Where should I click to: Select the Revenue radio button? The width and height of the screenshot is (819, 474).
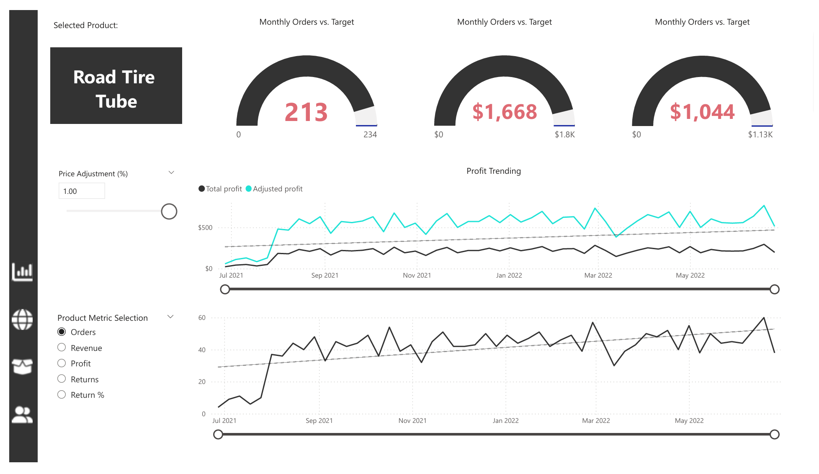[62, 348]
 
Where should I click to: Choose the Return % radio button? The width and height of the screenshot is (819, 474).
[62, 394]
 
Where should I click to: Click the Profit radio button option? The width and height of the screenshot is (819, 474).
[62, 363]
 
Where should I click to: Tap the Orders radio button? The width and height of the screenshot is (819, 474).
[62, 332]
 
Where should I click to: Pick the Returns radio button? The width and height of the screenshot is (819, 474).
[62, 379]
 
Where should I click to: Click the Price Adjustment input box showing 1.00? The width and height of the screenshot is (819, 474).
[82, 191]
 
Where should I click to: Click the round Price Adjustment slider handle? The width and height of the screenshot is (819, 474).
[169, 211]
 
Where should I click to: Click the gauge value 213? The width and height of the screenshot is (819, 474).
[306, 112]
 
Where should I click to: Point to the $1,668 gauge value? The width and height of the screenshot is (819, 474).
[505, 112]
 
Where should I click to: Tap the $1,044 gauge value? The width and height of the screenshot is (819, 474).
[702, 112]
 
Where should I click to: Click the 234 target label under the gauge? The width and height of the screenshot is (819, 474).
[370, 134]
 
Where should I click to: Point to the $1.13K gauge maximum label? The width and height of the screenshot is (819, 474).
[760, 134]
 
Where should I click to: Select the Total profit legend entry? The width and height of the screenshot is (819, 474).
[220, 189]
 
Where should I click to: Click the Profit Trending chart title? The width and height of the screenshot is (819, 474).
[494, 171]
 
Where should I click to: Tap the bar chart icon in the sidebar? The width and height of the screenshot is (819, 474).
[22, 272]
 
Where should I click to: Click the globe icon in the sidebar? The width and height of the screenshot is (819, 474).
[22, 319]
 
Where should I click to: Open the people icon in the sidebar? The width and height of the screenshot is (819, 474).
[22, 415]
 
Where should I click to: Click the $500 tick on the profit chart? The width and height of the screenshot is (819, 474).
[205, 228]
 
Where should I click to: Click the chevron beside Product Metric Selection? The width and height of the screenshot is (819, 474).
[170, 317]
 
